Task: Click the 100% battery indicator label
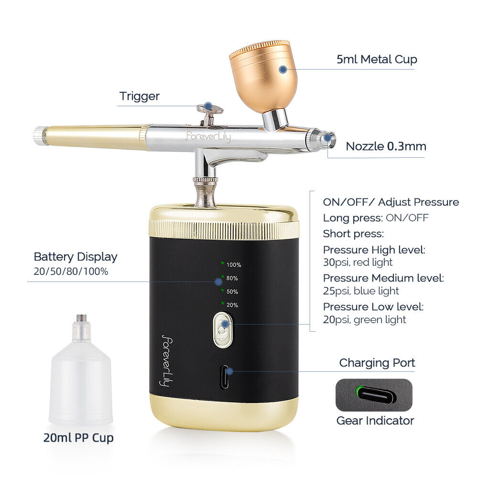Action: (x=234, y=264)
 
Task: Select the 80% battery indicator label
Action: (x=232, y=278)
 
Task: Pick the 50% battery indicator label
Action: (x=232, y=291)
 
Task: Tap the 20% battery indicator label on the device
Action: (x=232, y=304)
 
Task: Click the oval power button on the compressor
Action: (x=222, y=329)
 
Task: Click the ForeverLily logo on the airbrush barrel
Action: (x=208, y=137)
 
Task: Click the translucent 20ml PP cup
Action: (x=80, y=382)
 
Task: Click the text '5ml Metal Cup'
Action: (x=377, y=59)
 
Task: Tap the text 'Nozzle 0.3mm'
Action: (x=386, y=146)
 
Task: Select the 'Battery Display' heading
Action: (x=76, y=257)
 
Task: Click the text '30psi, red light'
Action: (x=358, y=262)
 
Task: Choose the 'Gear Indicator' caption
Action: (x=375, y=421)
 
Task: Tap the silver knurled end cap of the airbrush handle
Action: (x=40, y=135)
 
